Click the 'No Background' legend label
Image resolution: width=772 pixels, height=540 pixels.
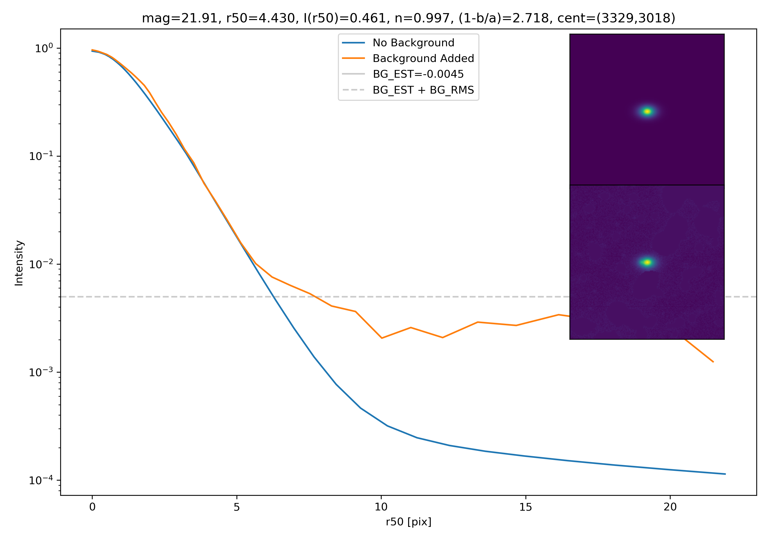[x=413, y=43]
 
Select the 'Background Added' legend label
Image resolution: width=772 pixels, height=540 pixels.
[x=423, y=58]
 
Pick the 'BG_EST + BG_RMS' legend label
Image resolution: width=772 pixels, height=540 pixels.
[x=423, y=90]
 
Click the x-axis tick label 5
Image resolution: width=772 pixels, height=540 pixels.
[x=237, y=507]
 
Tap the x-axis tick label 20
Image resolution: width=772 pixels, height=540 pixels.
[x=670, y=507]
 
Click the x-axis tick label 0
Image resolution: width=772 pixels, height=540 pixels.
[x=92, y=507]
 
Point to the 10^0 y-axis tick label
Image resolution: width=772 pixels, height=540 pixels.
[x=43, y=48]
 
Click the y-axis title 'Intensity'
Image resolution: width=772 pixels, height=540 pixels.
[x=19, y=263]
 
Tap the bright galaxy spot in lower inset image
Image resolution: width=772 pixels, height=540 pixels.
[x=647, y=263]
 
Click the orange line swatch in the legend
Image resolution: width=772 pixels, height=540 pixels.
[x=353, y=58]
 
